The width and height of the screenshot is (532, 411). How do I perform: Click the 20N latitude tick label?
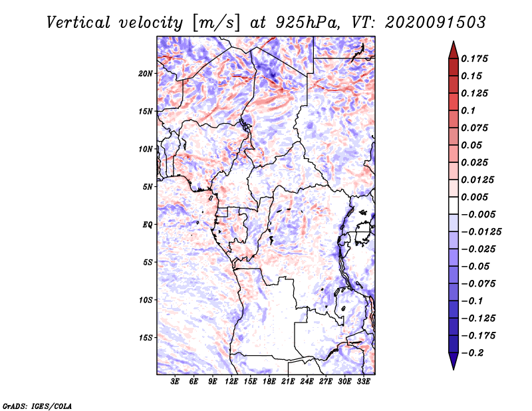pos(146,73)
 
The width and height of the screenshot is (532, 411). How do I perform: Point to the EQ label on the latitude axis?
pos(147,225)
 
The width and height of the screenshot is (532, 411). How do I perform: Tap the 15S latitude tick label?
pos(146,338)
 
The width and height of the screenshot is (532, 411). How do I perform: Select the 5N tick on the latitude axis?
pos(148,187)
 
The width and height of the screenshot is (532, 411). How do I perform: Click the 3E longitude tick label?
pos(176,382)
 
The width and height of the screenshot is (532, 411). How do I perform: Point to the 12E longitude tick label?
pos(232,382)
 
